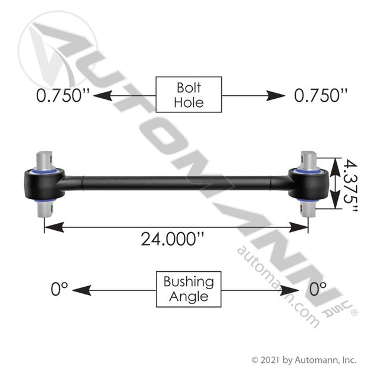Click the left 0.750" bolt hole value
point(63,95)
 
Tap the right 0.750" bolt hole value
point(321,95)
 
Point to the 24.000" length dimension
point(173,239)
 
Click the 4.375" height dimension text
point(350,185)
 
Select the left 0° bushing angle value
point(59,289)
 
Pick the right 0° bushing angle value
point(318,289)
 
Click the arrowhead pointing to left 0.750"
point(103,96)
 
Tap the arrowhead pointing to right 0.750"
point(275,96)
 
